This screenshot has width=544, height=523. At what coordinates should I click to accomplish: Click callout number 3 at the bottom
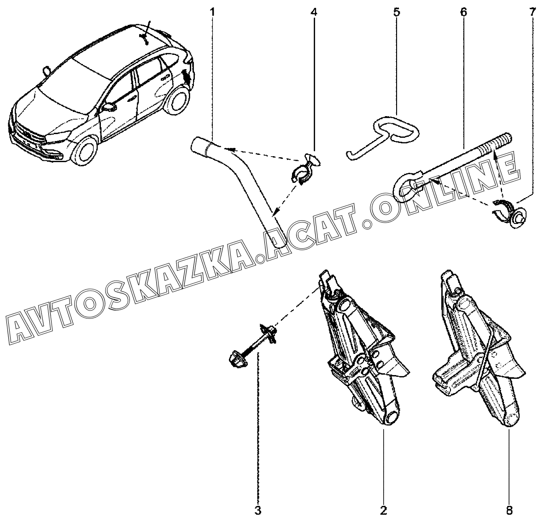[258, 510]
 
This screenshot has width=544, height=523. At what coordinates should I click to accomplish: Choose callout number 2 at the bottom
[383, 510]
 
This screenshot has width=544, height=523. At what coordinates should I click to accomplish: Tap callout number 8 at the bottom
[509, 510]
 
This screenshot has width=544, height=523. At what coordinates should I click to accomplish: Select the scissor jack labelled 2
[364, 350]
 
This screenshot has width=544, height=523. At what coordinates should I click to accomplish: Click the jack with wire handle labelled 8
[479, 350]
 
